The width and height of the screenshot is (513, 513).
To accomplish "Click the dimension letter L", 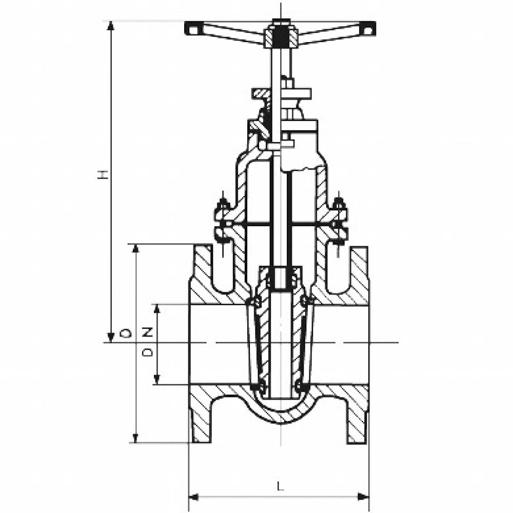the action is point(281,486).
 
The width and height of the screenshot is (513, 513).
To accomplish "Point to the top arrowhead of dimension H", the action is point(111,26).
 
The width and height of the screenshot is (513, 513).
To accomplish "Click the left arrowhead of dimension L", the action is point(194,497).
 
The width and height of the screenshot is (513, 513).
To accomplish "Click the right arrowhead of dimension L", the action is point(364,497).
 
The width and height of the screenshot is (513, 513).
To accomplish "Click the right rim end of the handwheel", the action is point(368,29).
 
